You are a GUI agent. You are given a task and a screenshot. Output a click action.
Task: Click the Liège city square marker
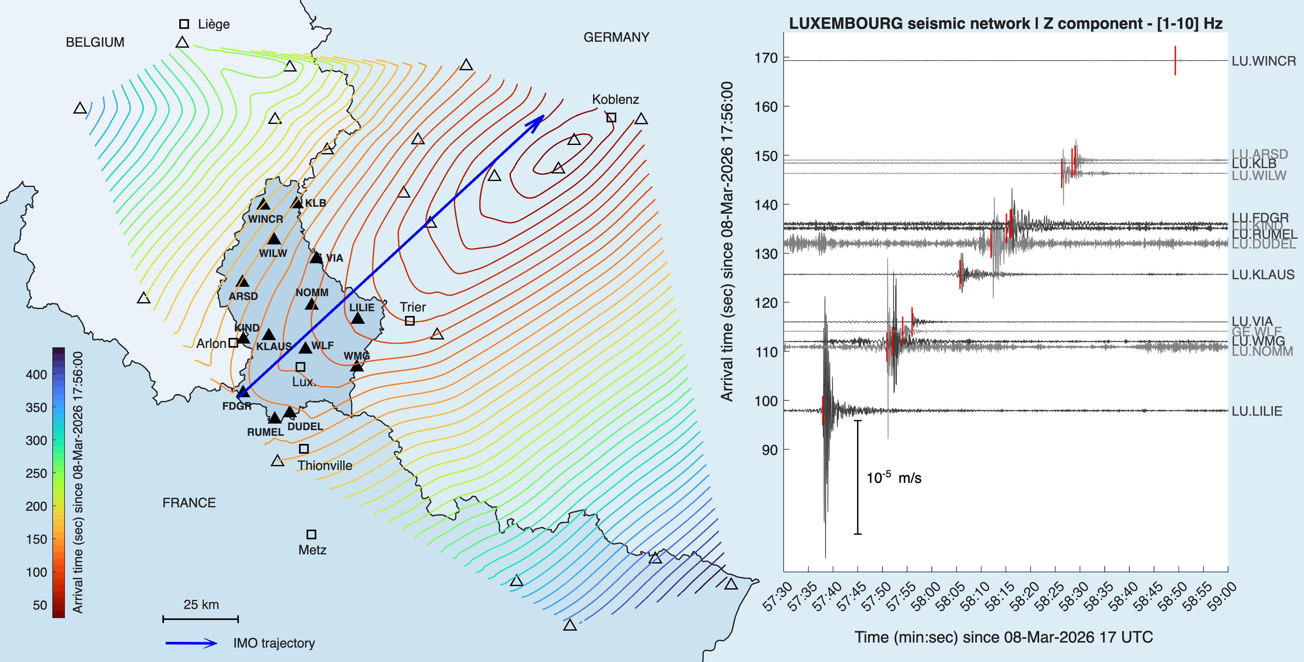(184, 24)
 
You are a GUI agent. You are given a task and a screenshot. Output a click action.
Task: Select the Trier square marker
(409, 321)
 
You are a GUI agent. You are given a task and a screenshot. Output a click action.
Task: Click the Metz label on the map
(312, 550)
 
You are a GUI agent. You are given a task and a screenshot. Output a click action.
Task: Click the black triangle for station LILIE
(357, 318)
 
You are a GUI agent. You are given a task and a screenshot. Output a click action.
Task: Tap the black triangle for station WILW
(274, 238)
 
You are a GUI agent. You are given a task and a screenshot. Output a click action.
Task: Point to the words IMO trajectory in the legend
(274, 643)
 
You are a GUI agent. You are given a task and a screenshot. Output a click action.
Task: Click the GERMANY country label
(616, 37)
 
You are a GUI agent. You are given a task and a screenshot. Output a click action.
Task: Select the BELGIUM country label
(95, 42)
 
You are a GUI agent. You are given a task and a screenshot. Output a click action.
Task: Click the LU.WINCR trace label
(1264, 61)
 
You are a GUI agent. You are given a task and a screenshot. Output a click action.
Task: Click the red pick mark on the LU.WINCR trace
(1175, 60)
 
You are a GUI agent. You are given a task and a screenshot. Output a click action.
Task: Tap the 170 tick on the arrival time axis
(766, 58)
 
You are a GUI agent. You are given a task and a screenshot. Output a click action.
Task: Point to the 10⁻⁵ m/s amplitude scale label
(893, 478)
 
